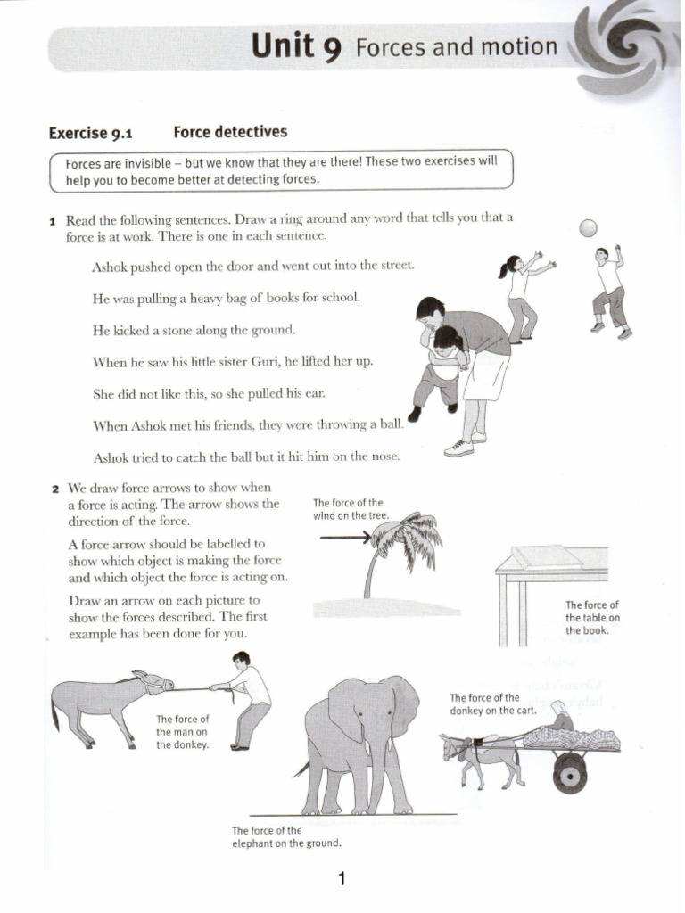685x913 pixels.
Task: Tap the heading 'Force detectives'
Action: click(x=230, y=132)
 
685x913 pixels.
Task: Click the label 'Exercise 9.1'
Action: click(x=90, y=133)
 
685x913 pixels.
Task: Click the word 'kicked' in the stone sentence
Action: click(x=134, y=329)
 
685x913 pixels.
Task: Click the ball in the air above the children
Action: click(x=588, y=228)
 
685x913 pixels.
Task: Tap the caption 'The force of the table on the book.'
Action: click(x=591, y=618)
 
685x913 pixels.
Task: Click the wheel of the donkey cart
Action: click(x=568, y=773)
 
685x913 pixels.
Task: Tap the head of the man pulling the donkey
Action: click(x=241, y=661)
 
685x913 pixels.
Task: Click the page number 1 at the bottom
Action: click(x=342, y=880)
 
